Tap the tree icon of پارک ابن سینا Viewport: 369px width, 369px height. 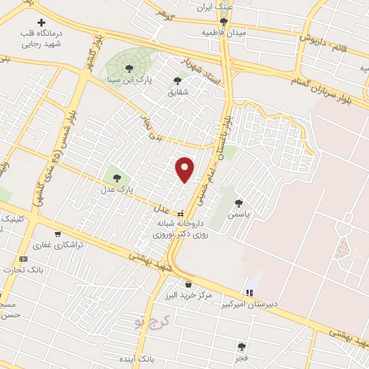point(129,68)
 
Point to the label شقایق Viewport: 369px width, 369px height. point(177,92)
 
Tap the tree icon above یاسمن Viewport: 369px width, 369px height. point(239,203)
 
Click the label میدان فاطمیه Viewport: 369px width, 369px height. point(224,33)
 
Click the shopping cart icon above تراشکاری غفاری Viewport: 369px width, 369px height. point(57,234)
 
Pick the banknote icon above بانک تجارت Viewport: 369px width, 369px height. point(24,259)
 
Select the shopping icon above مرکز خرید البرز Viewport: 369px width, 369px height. point(188,283)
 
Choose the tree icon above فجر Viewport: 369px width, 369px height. point(241,347)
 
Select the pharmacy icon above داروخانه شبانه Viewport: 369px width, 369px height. point(182,213)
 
